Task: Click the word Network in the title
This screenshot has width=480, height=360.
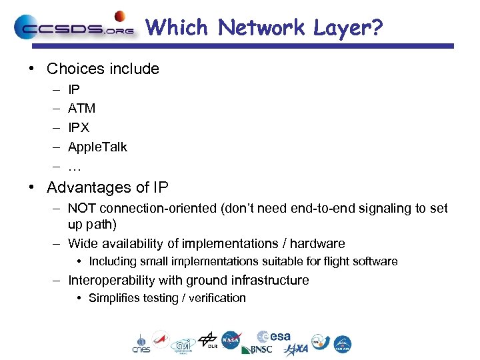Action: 261,27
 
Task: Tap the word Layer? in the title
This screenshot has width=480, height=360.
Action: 348,27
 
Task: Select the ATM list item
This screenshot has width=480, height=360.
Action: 81,108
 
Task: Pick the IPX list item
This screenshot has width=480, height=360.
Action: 79,127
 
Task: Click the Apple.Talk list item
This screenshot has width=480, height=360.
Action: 97,147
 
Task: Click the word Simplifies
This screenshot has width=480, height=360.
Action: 114,298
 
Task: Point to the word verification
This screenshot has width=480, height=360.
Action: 217,298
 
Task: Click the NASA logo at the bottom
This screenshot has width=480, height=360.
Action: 231,340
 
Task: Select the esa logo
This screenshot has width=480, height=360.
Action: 274,337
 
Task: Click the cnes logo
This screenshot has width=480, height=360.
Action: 141,343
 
